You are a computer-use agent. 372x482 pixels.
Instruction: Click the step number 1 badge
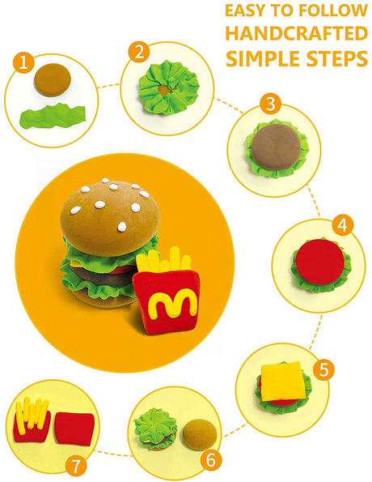click(x=23, y=62)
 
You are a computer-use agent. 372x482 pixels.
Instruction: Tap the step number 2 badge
click(x=139, y=52)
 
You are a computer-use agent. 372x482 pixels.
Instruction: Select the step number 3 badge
click(x=270, y=104)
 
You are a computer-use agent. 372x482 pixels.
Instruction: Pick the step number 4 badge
click(x=343, y=225)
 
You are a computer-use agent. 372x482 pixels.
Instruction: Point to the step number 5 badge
click(x=323, y=369)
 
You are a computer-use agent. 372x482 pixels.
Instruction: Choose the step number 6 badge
click(x=211, y=460)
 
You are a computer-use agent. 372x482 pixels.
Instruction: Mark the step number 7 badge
click(x=75, y=467)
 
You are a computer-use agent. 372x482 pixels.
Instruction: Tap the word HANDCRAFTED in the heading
click(x=297, y=33)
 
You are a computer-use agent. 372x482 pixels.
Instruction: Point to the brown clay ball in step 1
click(x=53, y=80)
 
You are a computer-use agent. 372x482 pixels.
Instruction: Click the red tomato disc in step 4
click(x=319, y=261)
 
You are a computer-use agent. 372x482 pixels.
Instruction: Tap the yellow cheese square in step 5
click(x=283, y=382)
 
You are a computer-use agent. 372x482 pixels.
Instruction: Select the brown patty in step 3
click(x=276, y=147)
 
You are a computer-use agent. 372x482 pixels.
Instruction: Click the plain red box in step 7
click(x=74, y=429)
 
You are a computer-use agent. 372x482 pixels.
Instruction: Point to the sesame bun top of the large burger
click(x=110, y=218)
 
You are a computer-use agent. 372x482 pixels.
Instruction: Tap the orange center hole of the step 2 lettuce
click(x=165, y=90)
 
